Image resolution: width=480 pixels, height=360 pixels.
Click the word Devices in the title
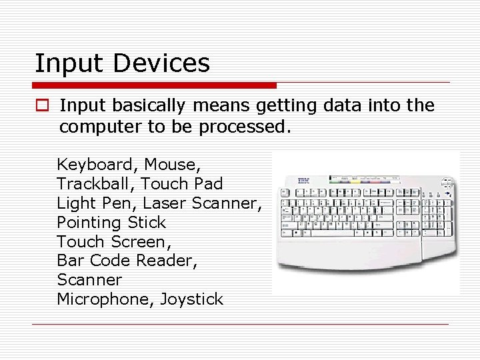[x=162, y=63]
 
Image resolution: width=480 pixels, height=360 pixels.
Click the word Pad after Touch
[x=208, y=183]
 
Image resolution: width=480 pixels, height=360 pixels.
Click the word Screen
[x=140, y=241]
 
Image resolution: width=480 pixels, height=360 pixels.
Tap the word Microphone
[x=105, y=299]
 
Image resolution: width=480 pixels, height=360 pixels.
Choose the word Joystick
[x=191, y=299]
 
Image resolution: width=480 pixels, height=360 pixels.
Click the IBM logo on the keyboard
[x=303, y=180]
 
